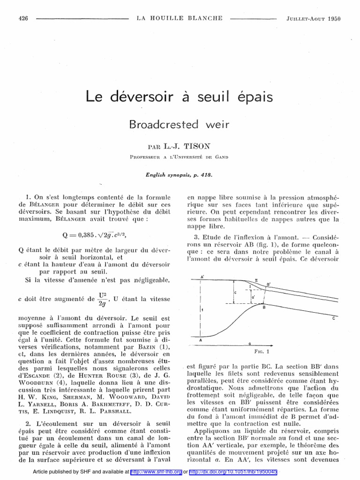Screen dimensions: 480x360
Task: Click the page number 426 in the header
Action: coord(23,19)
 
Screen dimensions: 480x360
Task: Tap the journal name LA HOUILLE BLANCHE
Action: coord(180,19)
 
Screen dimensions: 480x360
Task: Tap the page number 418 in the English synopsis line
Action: coord(205,175)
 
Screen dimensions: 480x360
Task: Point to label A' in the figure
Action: coord(202,277)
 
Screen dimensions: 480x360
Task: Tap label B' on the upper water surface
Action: coord(268,284)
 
